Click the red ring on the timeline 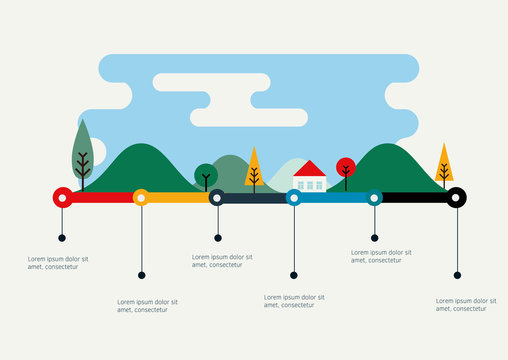point(62,198)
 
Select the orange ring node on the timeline point(141,198)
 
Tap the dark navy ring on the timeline point(217,198)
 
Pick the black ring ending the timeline point(456,197)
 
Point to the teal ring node point(374,198)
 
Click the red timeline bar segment point(101,198)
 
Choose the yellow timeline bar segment point(179,198)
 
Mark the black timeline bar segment point(414,198)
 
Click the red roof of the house point(310,169)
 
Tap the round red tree point(346,167)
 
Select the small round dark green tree point(206,174)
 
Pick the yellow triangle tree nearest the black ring point(444,162)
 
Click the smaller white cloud point(249,117)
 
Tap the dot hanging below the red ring point(62,238)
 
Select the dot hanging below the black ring point(457,274)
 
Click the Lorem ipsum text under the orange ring point(147,305)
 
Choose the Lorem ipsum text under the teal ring point(381,257)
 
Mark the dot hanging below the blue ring point(294,274)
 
